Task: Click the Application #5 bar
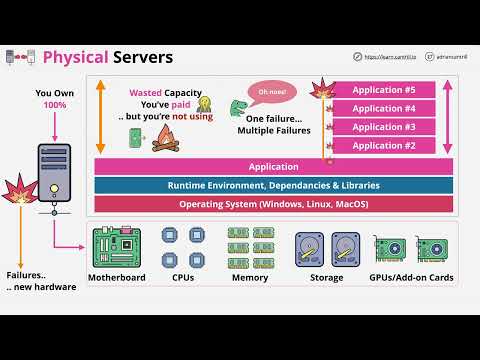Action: [x=383, y=90]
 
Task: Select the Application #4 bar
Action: [x=383, y=109]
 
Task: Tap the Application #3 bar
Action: [x=383, y=127]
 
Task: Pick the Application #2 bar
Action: [x=383, y=146]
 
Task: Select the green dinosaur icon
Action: [x=239, y=108]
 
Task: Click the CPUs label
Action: [x=184, y=277]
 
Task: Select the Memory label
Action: [x=249, y=277]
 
